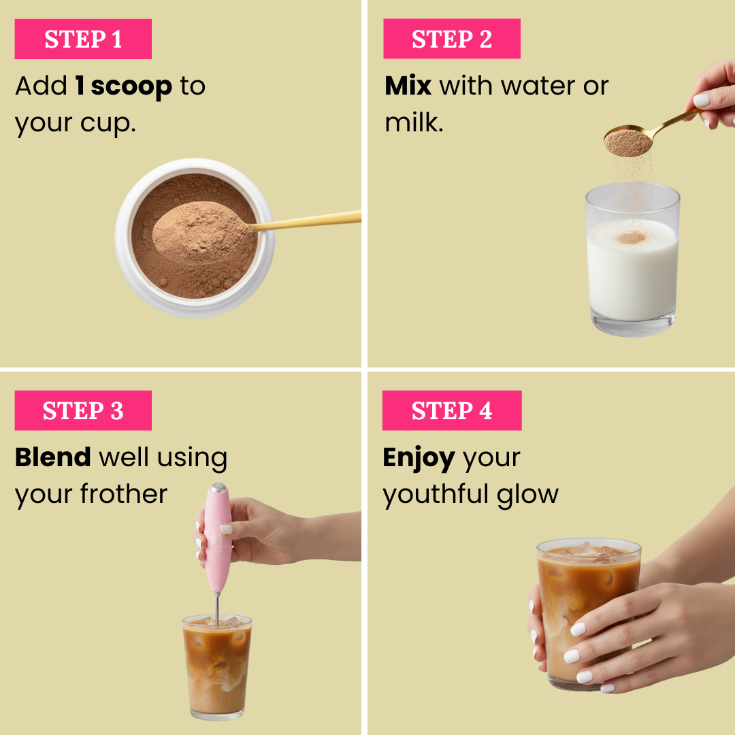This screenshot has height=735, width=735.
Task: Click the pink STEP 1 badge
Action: [83, 39]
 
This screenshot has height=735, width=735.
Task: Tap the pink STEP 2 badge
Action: [452, 39]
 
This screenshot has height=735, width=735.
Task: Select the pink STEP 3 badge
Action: [83, 411]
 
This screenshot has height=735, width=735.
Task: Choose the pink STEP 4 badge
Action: [452, 411]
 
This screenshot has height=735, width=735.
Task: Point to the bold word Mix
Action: [408, 86]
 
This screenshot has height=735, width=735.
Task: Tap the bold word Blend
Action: [53, 457]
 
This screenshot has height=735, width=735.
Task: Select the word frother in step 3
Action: [124, 494]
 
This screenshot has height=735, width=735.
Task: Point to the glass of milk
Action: [633, 272]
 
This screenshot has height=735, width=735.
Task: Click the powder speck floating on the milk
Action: [630, 238]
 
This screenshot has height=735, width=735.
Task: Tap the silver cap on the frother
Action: [218, 488]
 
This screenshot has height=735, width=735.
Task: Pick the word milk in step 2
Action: [414, 123]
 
